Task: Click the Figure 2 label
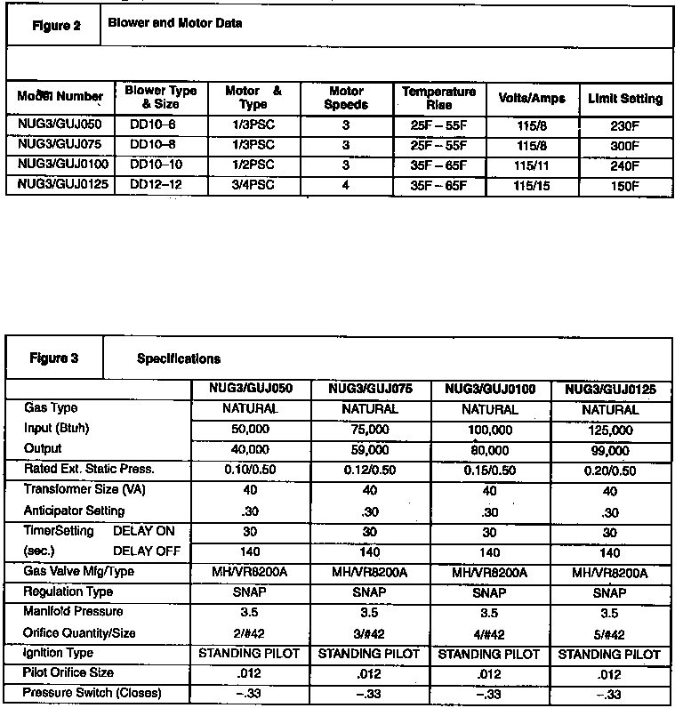56,25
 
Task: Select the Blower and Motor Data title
174,23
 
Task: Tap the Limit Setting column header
624,99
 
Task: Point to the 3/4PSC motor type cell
253,184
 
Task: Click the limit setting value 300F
624,145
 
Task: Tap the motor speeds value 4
346,184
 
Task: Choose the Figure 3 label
54,358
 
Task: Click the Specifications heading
179,359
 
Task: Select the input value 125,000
610,430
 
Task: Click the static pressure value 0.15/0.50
489,470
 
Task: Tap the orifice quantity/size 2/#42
249,632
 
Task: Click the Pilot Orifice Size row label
68,673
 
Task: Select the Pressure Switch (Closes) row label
92,694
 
